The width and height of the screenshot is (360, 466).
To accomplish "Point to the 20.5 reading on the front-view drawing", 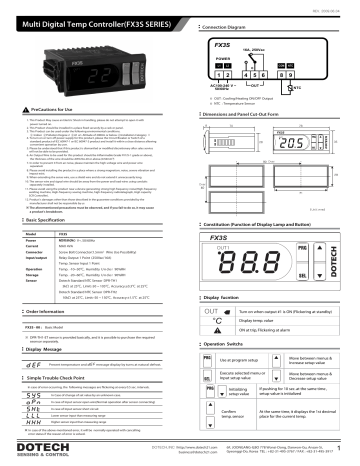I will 318,144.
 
